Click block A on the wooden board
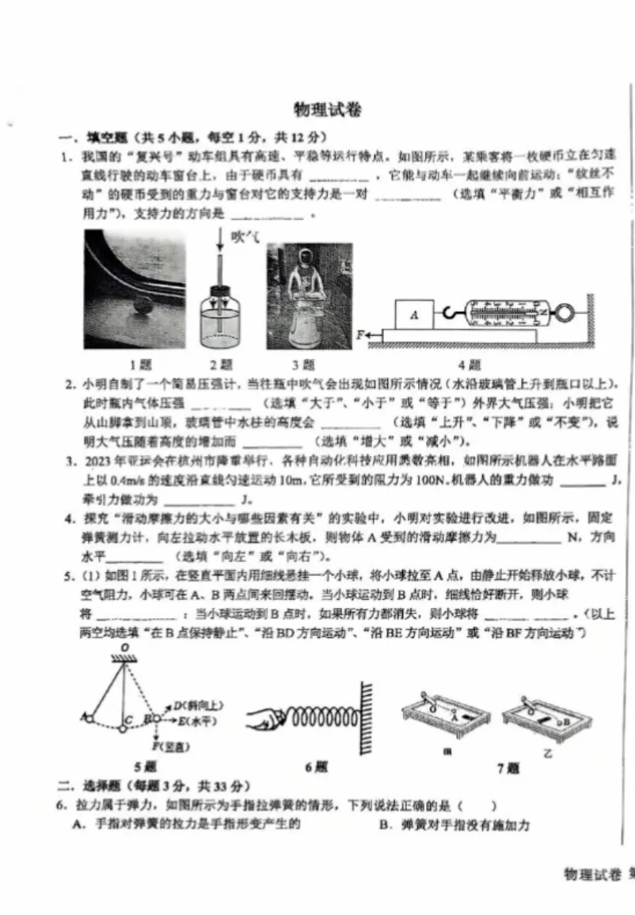click(x=413, y=314)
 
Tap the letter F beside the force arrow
click(x=360, y=335)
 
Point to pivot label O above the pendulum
click(x=125, y=647)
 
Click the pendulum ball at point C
click(x=122, y=728)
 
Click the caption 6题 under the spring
click(x=315, y=766)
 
